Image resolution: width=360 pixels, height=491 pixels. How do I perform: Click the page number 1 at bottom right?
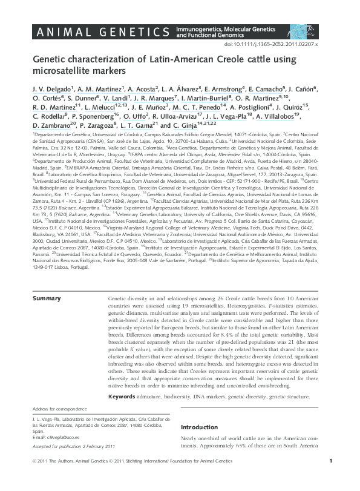click(330, 478)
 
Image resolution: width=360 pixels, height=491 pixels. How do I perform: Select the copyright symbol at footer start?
click(34, 478)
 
